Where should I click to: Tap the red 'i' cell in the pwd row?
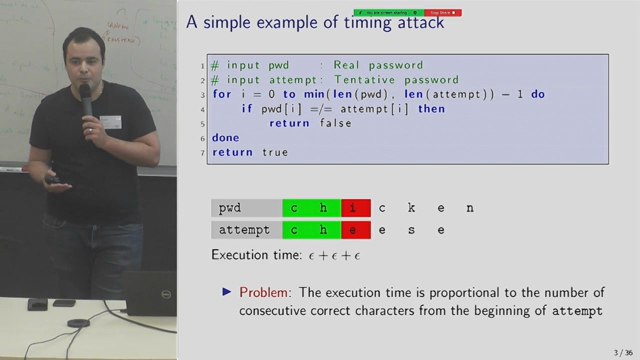355,208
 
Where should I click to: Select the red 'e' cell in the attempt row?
355,230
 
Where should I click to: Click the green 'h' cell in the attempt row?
326,230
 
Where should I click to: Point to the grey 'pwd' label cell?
246,208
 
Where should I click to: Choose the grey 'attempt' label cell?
246,230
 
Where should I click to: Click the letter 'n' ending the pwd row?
470,208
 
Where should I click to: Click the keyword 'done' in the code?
227,138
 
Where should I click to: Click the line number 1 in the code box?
202,65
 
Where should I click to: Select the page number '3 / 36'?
617,350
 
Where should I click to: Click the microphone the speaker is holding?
86,100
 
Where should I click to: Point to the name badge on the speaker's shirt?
110,121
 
